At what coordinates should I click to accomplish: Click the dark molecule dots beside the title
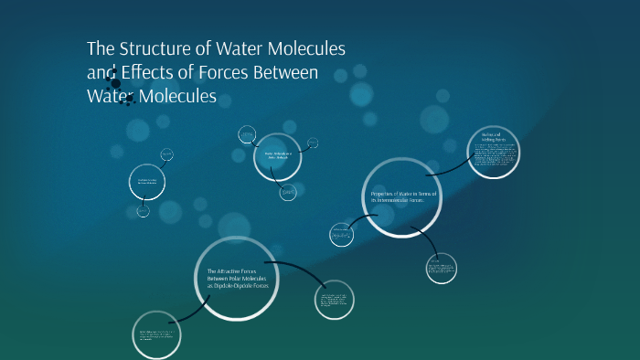click(x=116, y=85)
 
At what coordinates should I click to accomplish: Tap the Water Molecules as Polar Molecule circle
click(x=277, y=156)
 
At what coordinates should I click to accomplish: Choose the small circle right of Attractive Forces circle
click(x=334, y=300)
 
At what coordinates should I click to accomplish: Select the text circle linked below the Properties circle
click(x=441, y=268)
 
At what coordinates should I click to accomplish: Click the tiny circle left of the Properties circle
click(x=341, y=235)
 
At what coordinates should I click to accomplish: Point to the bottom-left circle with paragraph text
click(x=156, y=334)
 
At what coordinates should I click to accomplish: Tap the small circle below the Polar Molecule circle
click(x=288, y=192)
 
